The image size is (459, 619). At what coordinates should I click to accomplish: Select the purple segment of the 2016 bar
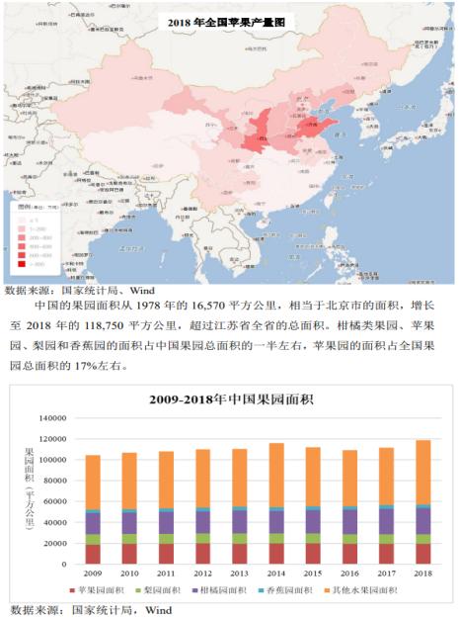pyautogui.click(x=348, y=522)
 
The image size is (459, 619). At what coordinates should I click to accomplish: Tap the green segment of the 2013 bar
pyautogui.click(x=239, y=539)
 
